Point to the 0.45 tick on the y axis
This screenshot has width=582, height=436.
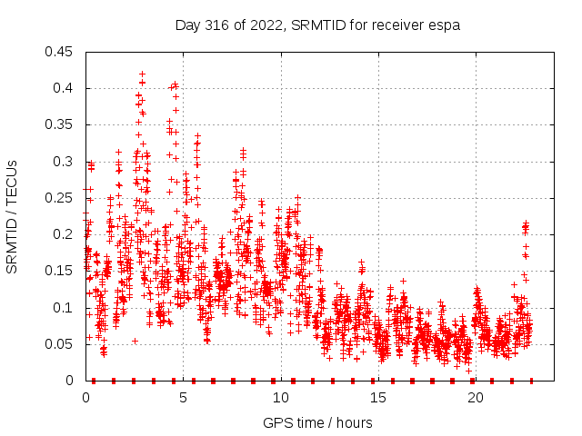coord(60,52)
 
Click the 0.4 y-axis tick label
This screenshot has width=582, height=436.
coord(64,88)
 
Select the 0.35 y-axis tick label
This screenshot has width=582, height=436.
coord(60,124)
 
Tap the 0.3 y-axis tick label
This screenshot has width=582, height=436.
coord(64,162)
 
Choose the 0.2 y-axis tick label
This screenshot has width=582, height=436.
coord(64,234)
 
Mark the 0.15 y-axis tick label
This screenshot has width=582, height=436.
coord(60,271)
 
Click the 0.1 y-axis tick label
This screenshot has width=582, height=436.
coord(64,307)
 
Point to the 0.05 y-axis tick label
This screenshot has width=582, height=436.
coord(60,344)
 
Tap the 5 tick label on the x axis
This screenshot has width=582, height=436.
coord(184,398)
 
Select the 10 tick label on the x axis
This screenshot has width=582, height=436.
coord(281,398)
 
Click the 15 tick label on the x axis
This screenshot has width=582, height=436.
coord(378,398)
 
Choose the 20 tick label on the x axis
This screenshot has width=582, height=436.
coord(476,398)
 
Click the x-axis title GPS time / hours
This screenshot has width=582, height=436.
coord(317,422)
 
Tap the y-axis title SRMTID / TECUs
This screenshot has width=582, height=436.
coord(12,216)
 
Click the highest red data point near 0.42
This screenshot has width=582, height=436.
coord(142,74)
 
